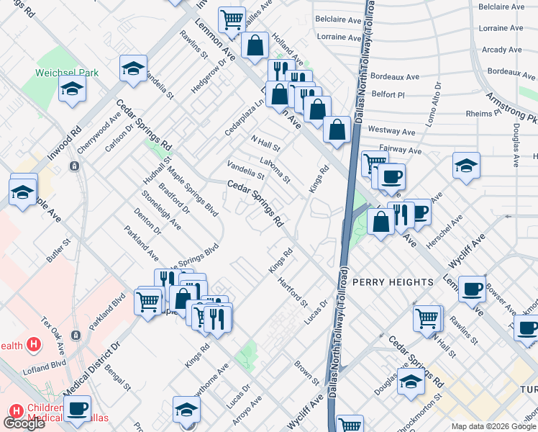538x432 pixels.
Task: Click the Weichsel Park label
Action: pos(67,73)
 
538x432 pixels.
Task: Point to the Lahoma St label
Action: pos(275,170)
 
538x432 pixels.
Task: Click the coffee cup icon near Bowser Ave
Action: pos(472,289)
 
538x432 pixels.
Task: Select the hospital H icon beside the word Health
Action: pos(32,345)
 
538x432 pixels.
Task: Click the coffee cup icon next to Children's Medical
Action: pos(77,409)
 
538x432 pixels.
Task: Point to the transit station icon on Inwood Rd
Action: pos(74,166)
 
